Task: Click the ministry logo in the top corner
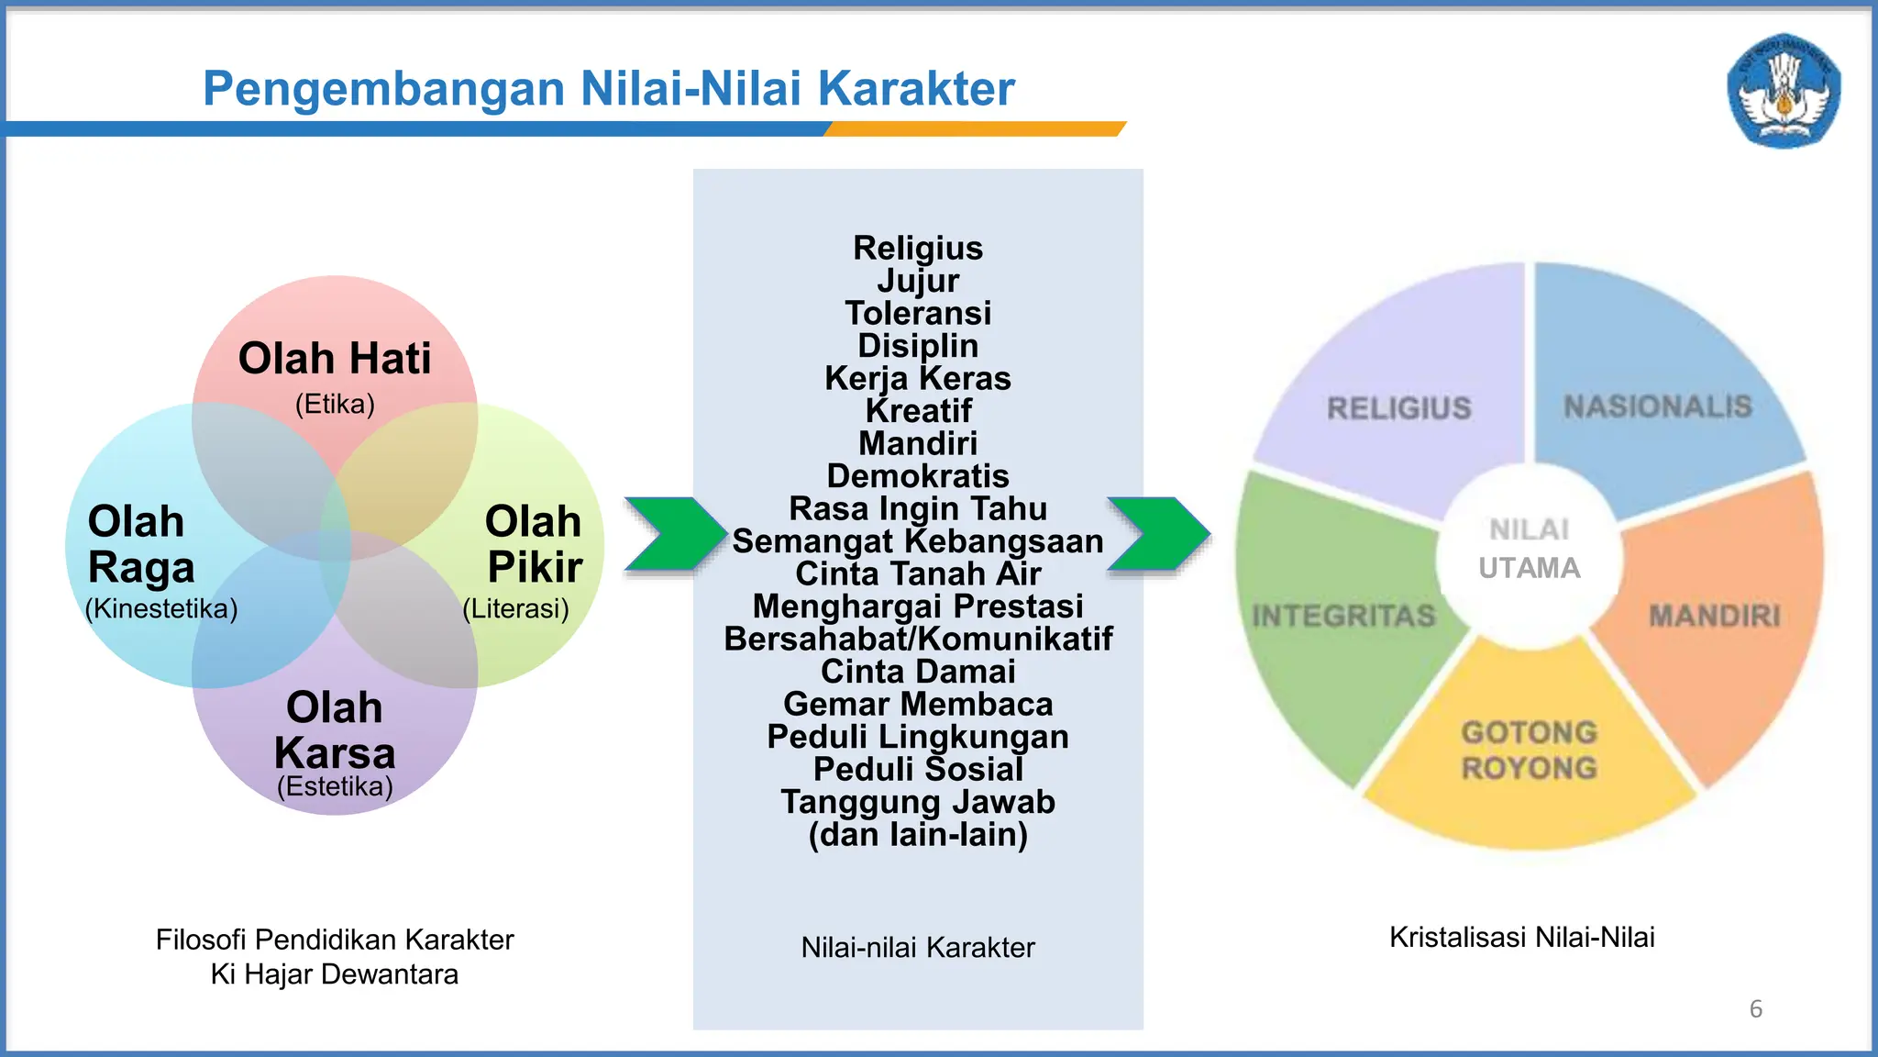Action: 1784,91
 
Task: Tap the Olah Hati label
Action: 335,359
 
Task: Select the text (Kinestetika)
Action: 161,608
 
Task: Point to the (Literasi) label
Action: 515,608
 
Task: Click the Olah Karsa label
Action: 335,730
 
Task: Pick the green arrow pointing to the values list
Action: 674,535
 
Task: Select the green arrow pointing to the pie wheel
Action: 1157,535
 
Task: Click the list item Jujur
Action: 918,281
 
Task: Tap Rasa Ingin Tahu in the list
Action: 918,508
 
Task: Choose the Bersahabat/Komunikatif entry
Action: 918,639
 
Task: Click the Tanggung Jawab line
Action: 918,802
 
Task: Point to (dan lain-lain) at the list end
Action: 918,835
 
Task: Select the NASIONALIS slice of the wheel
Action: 1657,406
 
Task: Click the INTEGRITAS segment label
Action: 1343,615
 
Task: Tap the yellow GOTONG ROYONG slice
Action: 1529,751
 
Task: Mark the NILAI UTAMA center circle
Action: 1529,549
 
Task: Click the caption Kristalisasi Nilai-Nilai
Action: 1521,937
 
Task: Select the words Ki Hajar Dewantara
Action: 335,974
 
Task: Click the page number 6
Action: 1755,1009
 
